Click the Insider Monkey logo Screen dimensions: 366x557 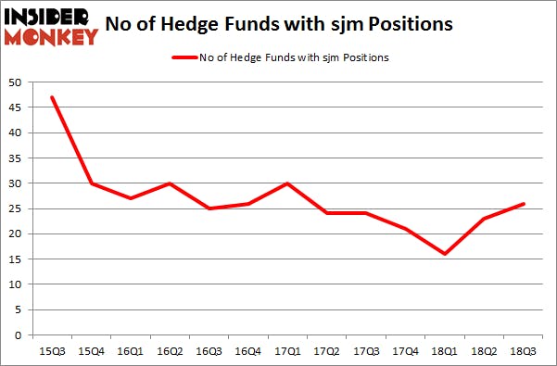coord(51,26)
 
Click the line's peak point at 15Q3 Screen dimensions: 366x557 coord(52,97)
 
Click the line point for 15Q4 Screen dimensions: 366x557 coord(91,183)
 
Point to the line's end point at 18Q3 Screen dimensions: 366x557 coord(523,203)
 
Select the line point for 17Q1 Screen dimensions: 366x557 coord(287,183)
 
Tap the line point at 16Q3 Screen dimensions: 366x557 coord(209,208)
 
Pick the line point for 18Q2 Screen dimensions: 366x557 coord(484,218)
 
